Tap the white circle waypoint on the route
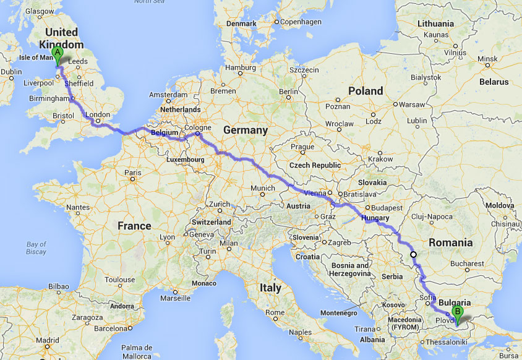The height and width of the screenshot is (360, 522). (x=413, y=254)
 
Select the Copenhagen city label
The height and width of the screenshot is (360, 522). (x=301, y=22)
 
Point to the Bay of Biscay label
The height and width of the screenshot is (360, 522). (x=36, y=248)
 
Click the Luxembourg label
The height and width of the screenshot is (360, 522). (x=185, y=160)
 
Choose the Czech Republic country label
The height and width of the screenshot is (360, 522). (x=315, y=165)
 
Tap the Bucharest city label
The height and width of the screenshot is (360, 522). (x=467, y=264)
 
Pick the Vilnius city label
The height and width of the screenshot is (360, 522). (x=455, y=53)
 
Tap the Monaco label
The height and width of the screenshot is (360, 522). (x=205, y=283)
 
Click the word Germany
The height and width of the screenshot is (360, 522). (x=245, y=131)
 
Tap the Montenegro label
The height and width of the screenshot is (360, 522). (x=338, y=313)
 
